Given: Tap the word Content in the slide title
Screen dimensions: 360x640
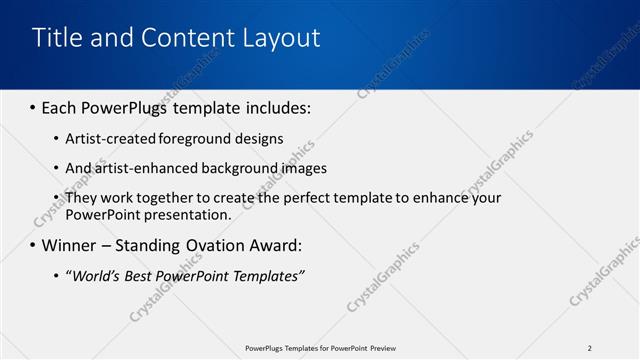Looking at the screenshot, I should coord(188,38).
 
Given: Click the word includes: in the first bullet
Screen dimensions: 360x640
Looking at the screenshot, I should coord(274,107).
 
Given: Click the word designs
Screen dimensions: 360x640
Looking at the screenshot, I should coord(259,139).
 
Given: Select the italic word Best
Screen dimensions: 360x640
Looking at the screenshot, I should coord(140,276).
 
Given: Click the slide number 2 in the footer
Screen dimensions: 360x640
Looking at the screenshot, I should coord(589,348).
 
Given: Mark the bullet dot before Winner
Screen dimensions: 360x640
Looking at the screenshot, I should coord(32,245).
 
